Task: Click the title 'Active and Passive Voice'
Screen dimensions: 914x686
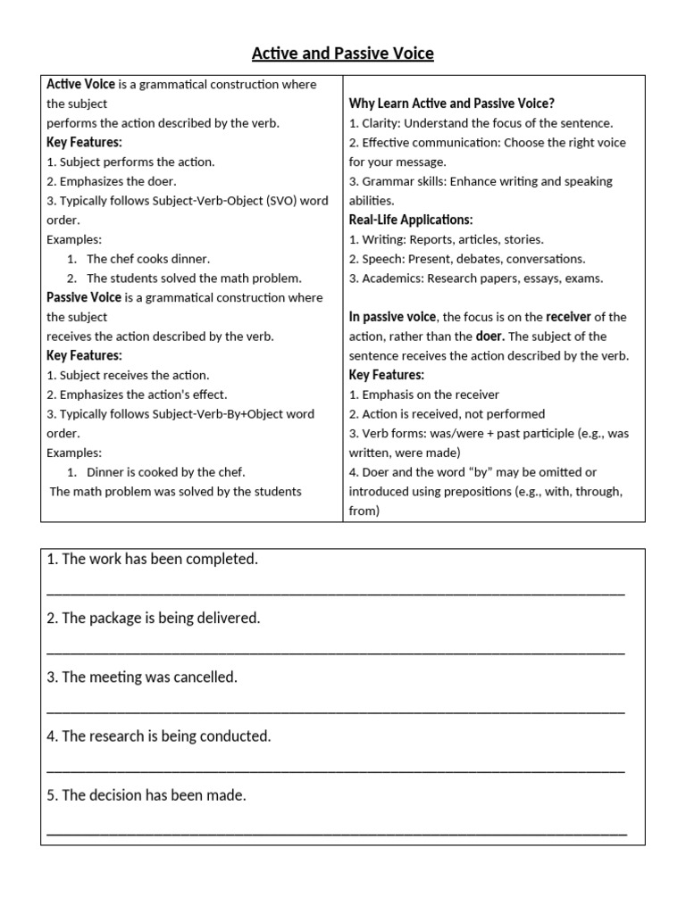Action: click(342, 54)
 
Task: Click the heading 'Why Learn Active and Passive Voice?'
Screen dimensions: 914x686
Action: click(451, 104)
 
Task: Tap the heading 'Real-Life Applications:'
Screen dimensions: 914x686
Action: click(410, 220)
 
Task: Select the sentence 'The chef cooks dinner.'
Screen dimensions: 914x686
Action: click(147, 259)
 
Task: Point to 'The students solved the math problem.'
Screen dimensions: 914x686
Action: click(194, 278)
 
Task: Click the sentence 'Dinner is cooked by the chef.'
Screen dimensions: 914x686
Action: click(165, 472)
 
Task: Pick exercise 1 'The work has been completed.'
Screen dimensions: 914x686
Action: click(152, 560)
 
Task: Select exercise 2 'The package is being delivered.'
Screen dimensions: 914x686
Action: click(153, 619)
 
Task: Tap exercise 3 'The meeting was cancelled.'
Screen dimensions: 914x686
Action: click(142, 677)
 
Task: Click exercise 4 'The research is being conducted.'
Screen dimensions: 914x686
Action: click(158, 736)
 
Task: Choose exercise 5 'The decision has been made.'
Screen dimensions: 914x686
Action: click(146, 795)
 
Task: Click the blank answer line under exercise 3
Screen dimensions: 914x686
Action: click(335, 710)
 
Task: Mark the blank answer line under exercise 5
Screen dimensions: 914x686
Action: click(335, 830)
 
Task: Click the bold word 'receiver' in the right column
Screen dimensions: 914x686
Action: click(568, 317)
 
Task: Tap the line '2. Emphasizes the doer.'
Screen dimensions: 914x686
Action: click(111, 181)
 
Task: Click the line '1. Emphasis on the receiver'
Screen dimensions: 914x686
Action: click(423, 395)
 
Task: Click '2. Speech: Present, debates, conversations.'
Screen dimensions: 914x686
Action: click(467, 259)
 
